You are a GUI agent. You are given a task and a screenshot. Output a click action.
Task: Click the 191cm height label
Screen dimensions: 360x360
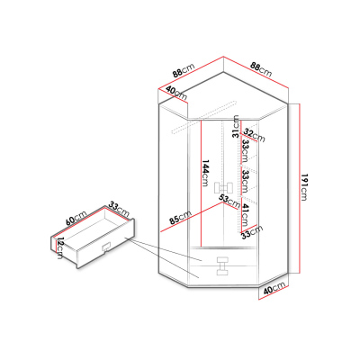(303, 187)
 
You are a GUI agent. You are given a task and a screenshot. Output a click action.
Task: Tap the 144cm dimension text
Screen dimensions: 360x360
(205, 173)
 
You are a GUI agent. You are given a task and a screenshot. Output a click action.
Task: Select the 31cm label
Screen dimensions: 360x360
(237, 126)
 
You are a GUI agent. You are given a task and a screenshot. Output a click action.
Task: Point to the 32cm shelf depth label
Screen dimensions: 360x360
(254, 135)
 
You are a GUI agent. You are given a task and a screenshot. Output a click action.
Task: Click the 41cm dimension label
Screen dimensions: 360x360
(245, 215)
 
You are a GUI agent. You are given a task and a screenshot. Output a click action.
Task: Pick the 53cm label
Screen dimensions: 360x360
(229, 202)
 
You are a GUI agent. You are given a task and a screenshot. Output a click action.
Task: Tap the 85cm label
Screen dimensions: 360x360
(180, 218)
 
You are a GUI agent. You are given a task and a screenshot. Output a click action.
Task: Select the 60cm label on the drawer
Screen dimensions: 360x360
(76, 218)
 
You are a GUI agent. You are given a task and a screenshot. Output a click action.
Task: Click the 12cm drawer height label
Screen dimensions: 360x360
(60, 247)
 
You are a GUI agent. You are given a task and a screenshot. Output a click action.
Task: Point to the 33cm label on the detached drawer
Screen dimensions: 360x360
(119, 209)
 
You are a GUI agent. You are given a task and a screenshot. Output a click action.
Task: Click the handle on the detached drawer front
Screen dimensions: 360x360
(106, 247)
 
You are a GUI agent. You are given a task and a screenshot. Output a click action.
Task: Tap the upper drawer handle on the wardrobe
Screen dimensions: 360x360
(223, 260)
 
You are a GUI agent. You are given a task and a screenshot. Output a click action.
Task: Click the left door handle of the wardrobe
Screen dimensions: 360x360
(219, 189)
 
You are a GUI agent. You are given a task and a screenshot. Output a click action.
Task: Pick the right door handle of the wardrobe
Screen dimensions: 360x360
(228, 188)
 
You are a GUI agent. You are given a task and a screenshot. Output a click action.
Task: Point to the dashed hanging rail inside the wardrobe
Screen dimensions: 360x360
(203, 117)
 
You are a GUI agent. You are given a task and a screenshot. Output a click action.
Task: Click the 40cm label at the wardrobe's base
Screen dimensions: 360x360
(274, 290)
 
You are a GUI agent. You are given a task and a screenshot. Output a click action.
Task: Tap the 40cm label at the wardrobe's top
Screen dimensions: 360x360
(176, 94)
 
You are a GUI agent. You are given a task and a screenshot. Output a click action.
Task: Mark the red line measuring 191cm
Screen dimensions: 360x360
(300, 188)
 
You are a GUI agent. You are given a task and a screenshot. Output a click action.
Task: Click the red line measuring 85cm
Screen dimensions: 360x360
(192, 217)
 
